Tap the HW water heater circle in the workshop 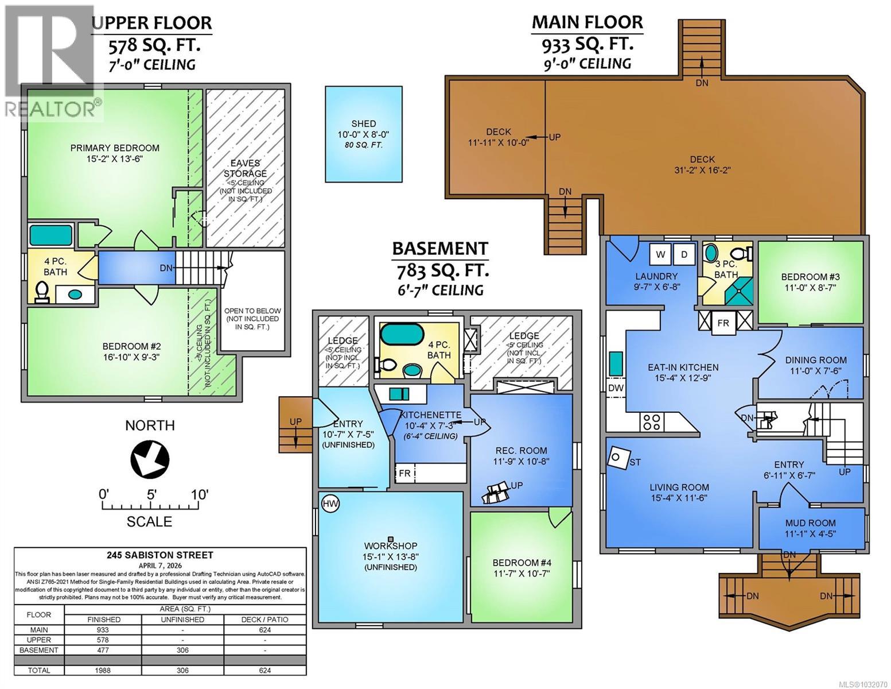click(x=330, y=504)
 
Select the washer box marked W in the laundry click(x=660, y=254)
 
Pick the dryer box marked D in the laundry click(x=684, y=254)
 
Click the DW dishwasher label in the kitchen click(x=616, y=388)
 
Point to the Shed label click(x=363, y=123)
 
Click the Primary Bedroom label click(x=115, y=148)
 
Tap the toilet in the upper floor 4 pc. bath click(x=41, y=292)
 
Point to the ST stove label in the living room click(x=635, y=462)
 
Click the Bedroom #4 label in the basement click(x=522, y=563)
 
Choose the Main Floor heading click(x=587, y=22)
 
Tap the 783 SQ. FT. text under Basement click(x=439, y=269)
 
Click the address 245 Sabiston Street click(x=159, y=555)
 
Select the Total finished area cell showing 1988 click(x=103, y=670)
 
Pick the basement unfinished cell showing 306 click(x=183, y=650)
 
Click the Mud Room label click(x=810, y=523)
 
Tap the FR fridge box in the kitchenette click(x=404, y=474)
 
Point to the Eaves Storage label click(x=245, y=168)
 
